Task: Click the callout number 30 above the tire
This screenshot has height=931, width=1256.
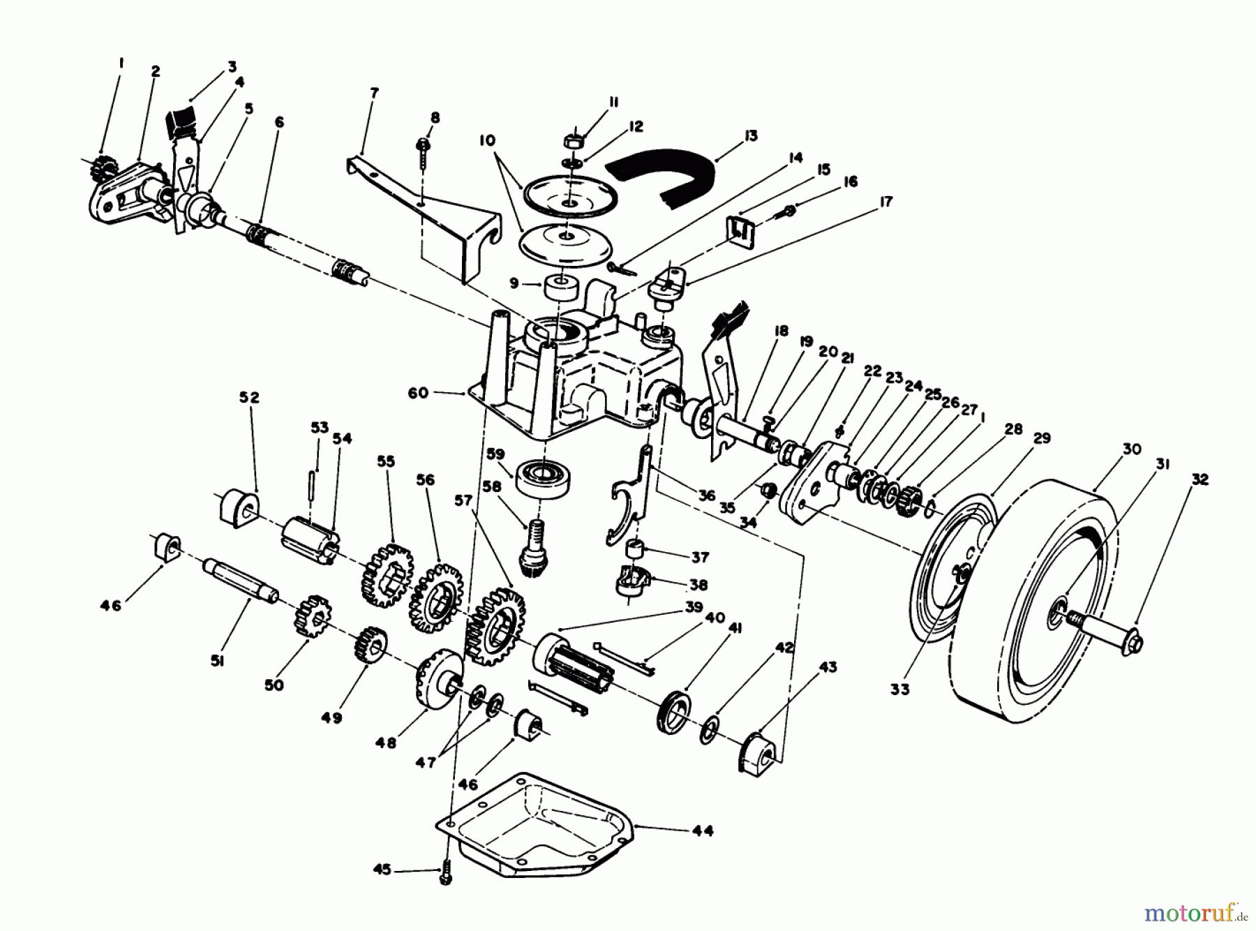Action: pyautogui.click(x=1132, y=449)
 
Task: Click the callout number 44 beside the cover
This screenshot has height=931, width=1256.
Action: pyautogui.click(x=703, y=831)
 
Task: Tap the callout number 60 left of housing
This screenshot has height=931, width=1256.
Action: pyautogui.click(x=418, y=394)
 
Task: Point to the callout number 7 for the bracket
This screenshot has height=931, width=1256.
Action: pyautogui.click(x=375, y=93)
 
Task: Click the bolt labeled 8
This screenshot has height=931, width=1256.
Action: pyautogui.click(x=423, y=149)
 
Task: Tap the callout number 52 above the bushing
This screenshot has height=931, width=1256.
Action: pyautogui.click(x=249, y=397)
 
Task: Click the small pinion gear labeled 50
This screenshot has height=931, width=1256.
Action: pyautogui.click(x=313, y=615)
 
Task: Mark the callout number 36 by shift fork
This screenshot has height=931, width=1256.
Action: pyautogui.click(x=706, y=496)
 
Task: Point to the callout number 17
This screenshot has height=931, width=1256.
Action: pyautogui.click(x=885, y=202)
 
